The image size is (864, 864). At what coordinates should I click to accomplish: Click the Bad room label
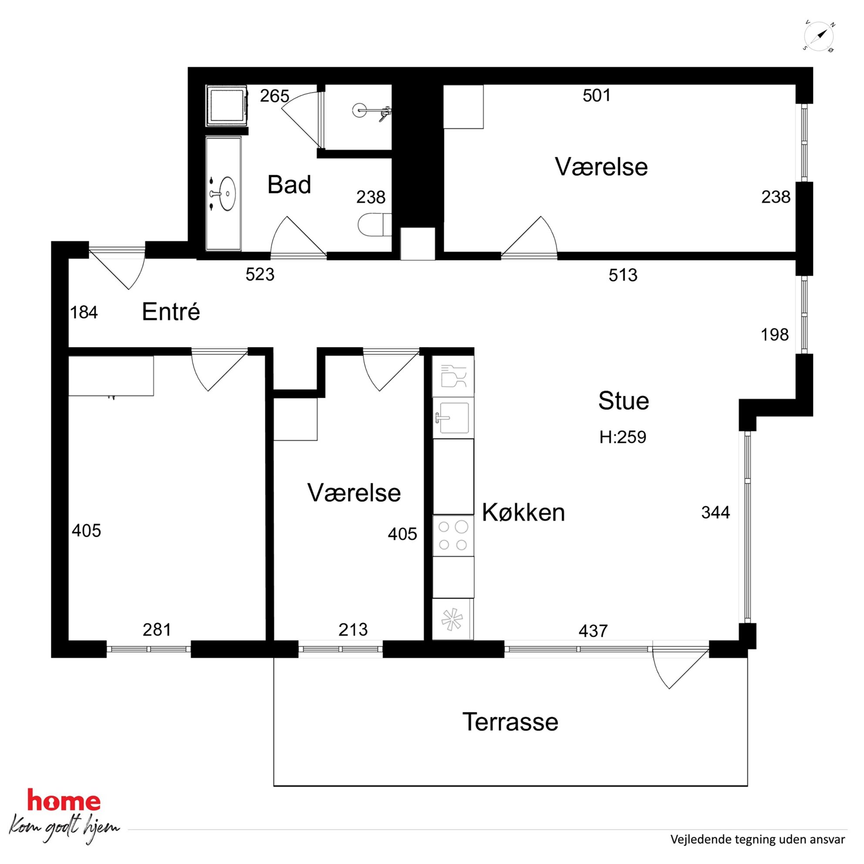pos(289,185)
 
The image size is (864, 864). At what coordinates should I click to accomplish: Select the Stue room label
pos(624,401)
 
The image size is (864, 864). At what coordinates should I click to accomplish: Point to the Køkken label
pos(523,513)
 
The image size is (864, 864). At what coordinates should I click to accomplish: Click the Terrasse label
pos(510,722)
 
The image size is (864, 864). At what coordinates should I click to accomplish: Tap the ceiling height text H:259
pos(622,437)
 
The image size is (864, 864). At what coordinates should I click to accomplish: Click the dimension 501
pos(597,95)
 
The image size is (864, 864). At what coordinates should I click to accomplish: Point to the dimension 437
pos(593,631)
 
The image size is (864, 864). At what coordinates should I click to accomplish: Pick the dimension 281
pos(157,630)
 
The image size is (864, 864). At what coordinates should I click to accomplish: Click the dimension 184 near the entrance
pos(84,313)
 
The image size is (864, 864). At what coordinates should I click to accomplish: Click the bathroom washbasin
pos(227,194)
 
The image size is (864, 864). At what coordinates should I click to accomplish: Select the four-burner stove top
pos(453,536)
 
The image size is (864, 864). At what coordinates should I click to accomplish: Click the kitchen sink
pos(453,418)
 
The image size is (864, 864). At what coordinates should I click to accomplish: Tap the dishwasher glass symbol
pos(453,376)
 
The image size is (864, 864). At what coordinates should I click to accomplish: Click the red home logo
pos(64,801)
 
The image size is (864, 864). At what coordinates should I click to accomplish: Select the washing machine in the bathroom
pos(227,105)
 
